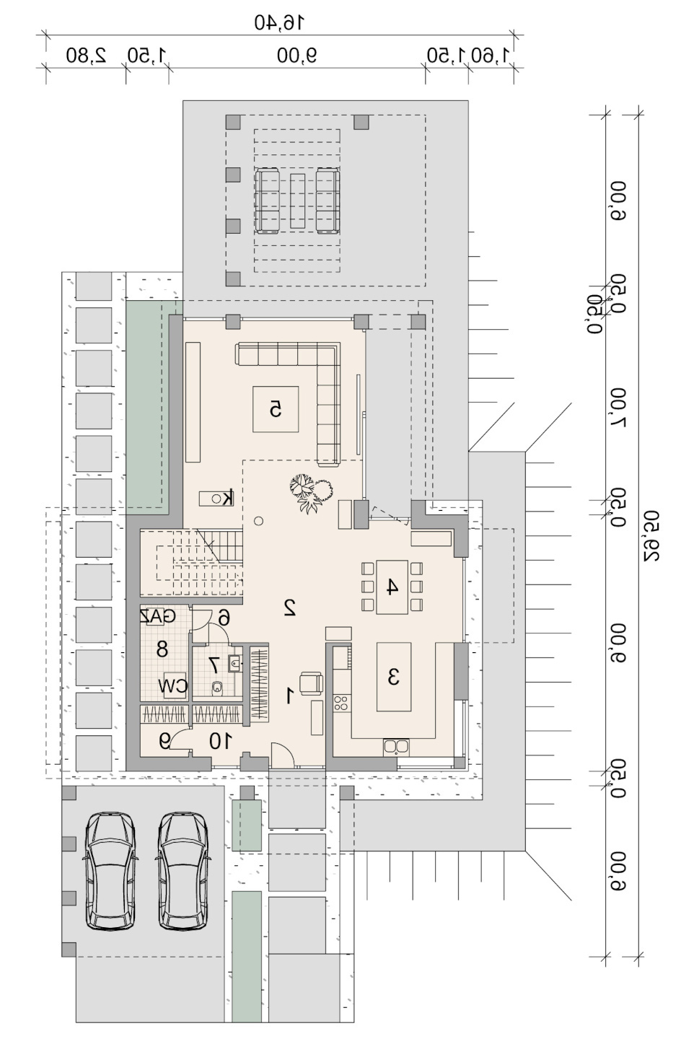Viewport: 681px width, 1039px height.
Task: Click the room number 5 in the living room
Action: click(276, 410)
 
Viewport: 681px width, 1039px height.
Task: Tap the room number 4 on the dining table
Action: click(392, 587)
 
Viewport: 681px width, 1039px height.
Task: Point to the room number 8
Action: click(162, 649)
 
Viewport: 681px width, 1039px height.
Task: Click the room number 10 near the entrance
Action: click(219, 742)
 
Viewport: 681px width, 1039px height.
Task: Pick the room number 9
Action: click(164, 741)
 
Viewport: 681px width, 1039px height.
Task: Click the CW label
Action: click(172, 687)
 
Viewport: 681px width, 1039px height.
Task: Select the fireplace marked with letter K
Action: click(216, 498)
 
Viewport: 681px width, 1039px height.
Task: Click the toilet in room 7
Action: click(216, 688)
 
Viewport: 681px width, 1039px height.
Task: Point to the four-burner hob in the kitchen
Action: click(342, 703)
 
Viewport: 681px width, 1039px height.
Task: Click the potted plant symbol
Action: click(311, 493)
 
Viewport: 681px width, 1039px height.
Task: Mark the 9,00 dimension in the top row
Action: click(297, 56)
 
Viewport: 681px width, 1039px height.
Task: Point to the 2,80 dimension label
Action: click(87, 56)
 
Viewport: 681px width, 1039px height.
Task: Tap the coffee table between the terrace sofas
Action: click(297, 201)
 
